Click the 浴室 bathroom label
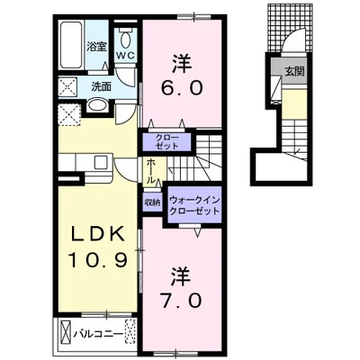pyautogui.click(x=96, y=47)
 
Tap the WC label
pyautogui.click(x=126, y=55)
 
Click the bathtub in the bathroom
pyautogui.click(x=71, y=45)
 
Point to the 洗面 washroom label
pyautogui.click(x=102, y=86)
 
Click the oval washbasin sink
pyautogui.click(x=97, y=105)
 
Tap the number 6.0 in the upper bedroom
pyautogui.click(x=182, y=88)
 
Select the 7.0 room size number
pyautogui.click(x=182, y=301)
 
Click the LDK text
pyautogui.click(x=97, y=234)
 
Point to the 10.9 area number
pyautogui.click(x=98, y=260)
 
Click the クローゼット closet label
pyautogui.click(x=167, y=141)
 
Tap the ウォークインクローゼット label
pyautogui.click(x=194, y=205)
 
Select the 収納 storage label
pyautogui.click(x=152, y=202)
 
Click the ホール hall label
pyautogui.click(x=151, y=171)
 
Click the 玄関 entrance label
pyautogui.click(x=294, y=71)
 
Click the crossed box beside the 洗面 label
pyautogui.click(x=68, y=87)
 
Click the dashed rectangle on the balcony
pyautogui.click(x=130, y=332)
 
